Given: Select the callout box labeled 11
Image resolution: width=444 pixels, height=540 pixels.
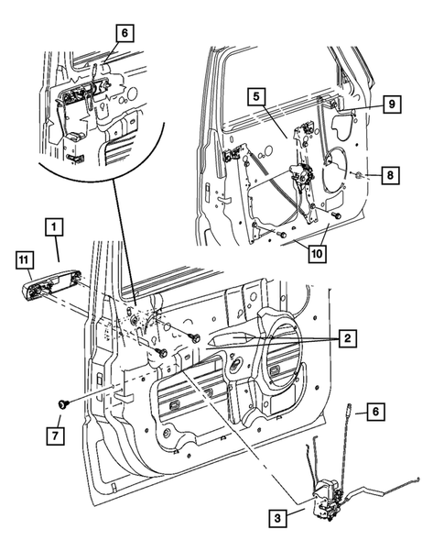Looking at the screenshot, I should coord(23,260).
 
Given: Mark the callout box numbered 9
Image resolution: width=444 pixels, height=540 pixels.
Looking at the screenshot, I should coord(389,105).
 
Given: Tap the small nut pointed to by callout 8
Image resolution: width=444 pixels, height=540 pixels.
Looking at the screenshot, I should coord(363,173).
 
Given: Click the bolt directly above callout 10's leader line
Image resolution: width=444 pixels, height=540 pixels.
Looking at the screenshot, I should coord(337,216).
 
